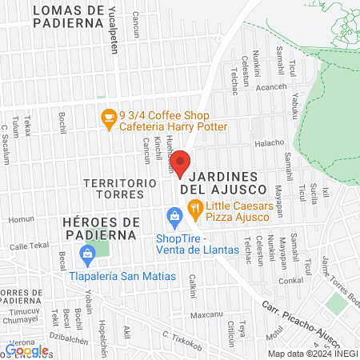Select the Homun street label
(18, 219)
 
